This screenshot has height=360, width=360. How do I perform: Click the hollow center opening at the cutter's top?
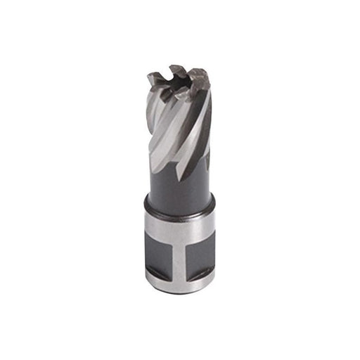click(x=181, y=82)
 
